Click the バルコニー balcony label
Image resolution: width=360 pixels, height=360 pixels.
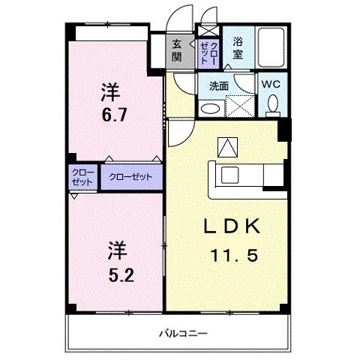[x=182, y=332]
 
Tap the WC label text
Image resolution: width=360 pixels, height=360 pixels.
[x=271, y=85]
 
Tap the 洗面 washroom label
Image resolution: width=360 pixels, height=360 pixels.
[x=219, y=85]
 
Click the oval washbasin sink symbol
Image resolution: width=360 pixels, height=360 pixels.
[x=212, y=108]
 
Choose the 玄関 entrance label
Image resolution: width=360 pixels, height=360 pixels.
[x=177, y=49]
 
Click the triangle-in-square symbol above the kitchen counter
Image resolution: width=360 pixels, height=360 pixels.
[x=225, y=147]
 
